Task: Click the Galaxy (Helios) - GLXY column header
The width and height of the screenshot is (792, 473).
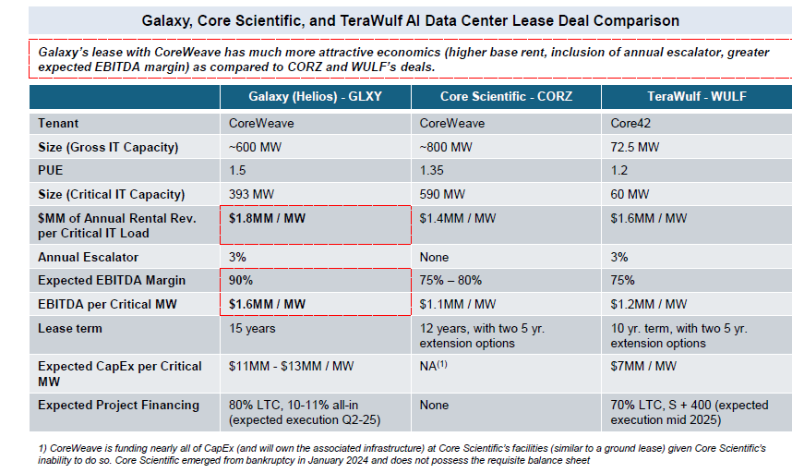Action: pos(315,96)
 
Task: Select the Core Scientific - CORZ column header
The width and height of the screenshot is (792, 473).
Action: pos(506,96)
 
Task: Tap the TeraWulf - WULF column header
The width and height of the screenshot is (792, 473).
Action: pos(697,96)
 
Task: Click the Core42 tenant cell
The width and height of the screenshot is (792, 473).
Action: pos(630,123)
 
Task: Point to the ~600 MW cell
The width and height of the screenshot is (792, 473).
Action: pos(255,147)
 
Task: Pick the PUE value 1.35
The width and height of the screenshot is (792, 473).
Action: pos(431,170)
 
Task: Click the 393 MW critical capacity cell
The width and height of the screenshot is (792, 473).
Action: pos(252,194)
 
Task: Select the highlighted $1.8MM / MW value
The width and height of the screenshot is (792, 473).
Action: pos(267,218)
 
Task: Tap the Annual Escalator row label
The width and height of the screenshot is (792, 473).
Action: pos(88,257)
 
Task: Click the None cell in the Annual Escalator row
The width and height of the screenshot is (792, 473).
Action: pos(434,257)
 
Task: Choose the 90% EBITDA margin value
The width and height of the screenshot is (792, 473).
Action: pos(241,281)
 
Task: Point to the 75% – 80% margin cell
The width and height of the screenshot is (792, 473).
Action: pos(450,281)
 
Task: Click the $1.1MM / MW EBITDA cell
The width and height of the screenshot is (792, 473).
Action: pos(458,304)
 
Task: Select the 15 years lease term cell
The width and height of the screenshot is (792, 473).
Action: pos(252,329)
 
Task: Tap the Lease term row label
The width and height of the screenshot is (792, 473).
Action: pos(70,329)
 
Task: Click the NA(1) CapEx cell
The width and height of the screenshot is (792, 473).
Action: pos(433,366)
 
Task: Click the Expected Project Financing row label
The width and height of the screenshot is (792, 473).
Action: pos(119,406)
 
